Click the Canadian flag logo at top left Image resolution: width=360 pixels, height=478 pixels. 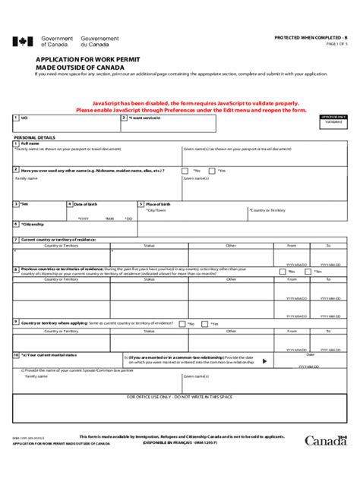click(24, 42)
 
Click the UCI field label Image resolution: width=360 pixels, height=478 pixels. click(25, 118)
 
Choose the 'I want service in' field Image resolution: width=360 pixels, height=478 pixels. click(144, 118)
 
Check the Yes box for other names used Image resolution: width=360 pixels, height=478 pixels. click(212, 171)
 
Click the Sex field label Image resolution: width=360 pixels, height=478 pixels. click(24, 204)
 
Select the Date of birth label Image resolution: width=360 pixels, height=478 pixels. click(84, 204)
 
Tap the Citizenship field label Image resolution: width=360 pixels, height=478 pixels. click(33, 224)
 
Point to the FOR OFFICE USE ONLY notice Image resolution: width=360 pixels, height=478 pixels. click(180, 397)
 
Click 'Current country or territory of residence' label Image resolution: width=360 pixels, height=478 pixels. click(58, 239)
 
